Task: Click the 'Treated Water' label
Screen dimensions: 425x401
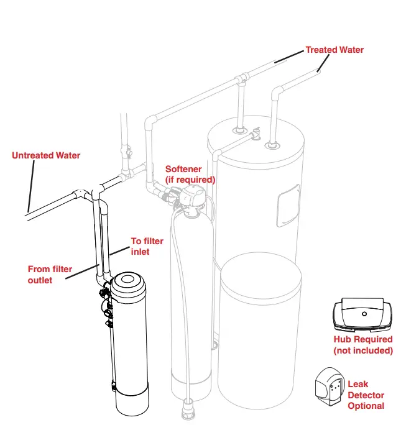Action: (x=334, y=50)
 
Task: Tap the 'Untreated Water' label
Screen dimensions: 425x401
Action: (x=46, y=155)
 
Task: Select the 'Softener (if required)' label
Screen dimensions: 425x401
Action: (x=190, y=174)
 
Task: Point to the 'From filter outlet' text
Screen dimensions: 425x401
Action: (x=50, y=274)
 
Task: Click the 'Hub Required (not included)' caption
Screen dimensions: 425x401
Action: (x=363, y=345)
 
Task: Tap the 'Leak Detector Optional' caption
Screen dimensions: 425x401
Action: (x=366, y=395)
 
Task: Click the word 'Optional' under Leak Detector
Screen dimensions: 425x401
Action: (x=366, y=406)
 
